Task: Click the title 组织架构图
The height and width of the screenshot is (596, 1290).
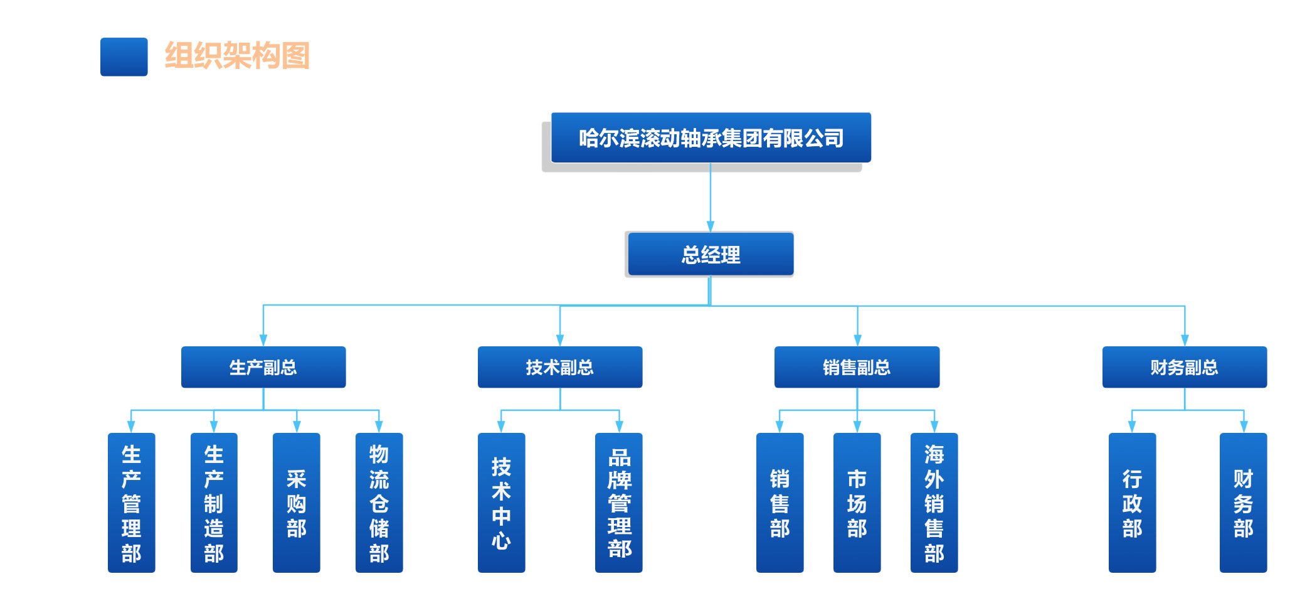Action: click(x=237, y=56)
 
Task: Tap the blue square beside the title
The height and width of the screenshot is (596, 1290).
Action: click(x=124, y=57)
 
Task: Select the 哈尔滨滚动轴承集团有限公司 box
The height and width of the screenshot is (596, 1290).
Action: click(x=711, y=138)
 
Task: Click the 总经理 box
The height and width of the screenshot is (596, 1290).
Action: click(x=711, y=255)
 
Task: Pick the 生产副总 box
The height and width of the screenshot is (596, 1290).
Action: click(x=263, y=367)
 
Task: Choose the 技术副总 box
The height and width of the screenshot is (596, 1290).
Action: click(x=560, y=367)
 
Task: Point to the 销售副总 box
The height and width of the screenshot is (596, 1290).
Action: click(x=857, y=367)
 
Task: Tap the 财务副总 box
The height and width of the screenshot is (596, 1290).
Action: click(x=1185, y=367)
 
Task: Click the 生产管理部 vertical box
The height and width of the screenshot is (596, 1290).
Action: click(x=131, y=503)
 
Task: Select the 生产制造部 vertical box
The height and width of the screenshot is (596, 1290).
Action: click(x=214, y=503)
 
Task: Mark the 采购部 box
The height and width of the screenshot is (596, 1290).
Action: click(x=297, y=503)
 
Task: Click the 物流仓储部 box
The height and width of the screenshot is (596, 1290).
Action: click(x=379, y=503)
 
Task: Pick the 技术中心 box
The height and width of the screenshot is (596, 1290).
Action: click(x=501, y=503)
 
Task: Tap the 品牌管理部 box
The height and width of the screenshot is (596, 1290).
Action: click(x=619, y=503)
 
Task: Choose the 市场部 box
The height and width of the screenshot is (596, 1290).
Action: click(x=857, y=503)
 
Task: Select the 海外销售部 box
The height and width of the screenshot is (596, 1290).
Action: click(x=934, y=503)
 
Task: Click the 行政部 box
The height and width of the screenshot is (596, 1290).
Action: click(x=1132, y=503)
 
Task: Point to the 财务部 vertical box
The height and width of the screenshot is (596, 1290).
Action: click(x=1243, y=503)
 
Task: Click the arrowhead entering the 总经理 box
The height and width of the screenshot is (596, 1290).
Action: click(x=711, y=226)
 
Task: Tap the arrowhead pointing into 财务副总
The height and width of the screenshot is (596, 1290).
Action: click(x=1185, y=341)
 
